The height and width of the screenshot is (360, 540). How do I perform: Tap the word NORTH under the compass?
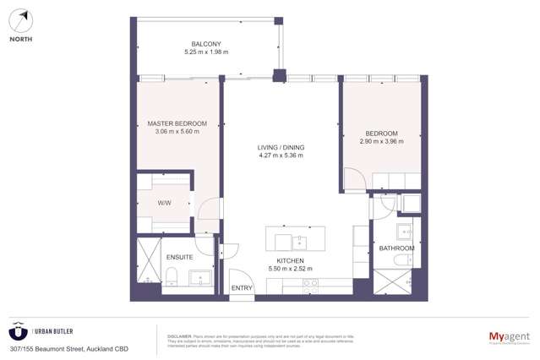(x=20, y=39)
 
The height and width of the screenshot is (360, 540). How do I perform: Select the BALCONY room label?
(x=205, y=44)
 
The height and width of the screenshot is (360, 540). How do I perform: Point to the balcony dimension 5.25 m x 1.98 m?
(x=205, y=52)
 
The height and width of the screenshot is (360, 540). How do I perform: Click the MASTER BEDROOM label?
(x=177, y=123)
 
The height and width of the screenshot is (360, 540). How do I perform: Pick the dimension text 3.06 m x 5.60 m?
(x=177, y=132)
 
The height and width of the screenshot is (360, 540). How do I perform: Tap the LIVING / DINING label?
(x=281, y=147)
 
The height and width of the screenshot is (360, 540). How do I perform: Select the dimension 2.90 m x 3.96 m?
(x=381, y=141)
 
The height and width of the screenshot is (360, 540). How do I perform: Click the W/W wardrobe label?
(x=164, y=203)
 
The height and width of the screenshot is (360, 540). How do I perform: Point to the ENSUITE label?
(x=179, y=257)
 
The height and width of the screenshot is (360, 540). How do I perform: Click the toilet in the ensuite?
(x=172, y=275)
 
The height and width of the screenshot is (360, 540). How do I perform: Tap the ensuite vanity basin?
(x=202, y=277)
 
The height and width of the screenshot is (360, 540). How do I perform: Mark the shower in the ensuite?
(x=149, y=261)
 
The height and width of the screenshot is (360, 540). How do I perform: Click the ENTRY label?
(x=242, y=288)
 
